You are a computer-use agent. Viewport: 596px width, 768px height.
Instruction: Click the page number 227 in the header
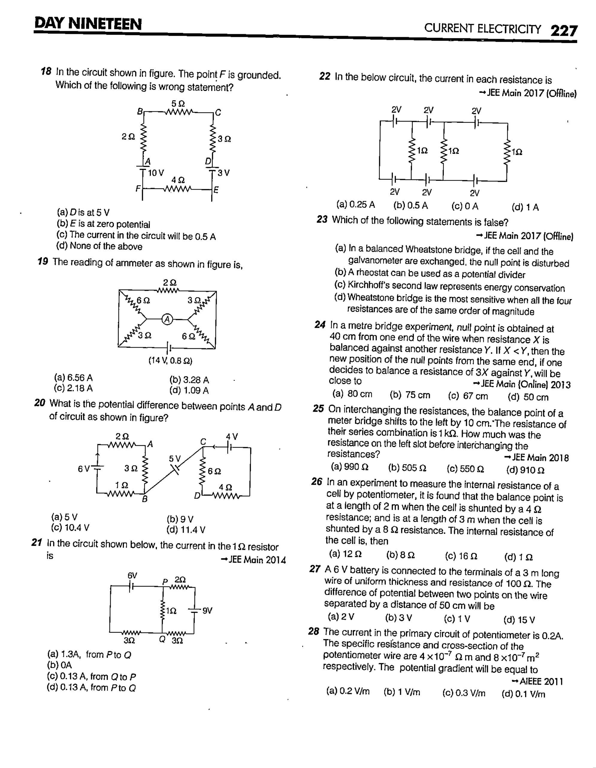563,31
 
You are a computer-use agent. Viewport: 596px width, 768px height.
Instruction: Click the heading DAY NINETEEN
88,24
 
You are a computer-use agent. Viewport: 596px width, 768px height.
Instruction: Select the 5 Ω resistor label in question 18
178,103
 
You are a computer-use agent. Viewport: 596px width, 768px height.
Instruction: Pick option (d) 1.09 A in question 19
189,390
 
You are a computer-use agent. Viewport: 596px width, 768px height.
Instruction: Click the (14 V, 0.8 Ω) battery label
170,361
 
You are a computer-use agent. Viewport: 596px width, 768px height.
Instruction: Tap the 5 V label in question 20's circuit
175,458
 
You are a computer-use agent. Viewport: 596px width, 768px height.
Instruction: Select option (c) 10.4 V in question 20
70,528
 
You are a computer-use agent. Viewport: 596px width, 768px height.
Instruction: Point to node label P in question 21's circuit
164,582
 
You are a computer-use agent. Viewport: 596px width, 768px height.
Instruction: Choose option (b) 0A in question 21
60,665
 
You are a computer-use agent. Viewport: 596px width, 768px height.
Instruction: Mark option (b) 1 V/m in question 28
402,692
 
